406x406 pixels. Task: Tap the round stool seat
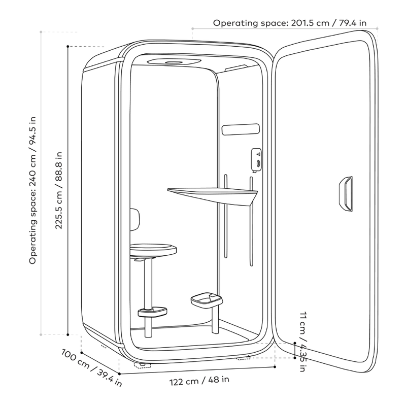click(x=153, y=249)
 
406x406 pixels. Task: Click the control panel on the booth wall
click(x=256, y=160)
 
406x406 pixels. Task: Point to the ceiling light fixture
click(x=174, y=62)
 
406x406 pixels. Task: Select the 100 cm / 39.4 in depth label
click(x=92, y=367)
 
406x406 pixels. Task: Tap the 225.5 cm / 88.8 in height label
click(x=59, y=190)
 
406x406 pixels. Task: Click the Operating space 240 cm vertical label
click(x=33, y=190)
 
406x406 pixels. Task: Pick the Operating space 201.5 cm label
click(x=290, y=23)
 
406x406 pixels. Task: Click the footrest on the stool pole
click(x=152, y=312)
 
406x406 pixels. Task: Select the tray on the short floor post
click(x=207, y=299)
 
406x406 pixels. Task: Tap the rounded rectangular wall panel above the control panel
click(x=241, y=129)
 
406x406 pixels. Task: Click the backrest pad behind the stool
click(x=134, y=220)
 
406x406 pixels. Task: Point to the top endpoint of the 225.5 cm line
click(x=68, y=47)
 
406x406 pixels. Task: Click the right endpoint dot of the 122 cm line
click(x=275, y=366)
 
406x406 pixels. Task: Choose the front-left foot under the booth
click(x=142, y=365)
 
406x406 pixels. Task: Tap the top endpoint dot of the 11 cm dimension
click(x=295, y=343)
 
